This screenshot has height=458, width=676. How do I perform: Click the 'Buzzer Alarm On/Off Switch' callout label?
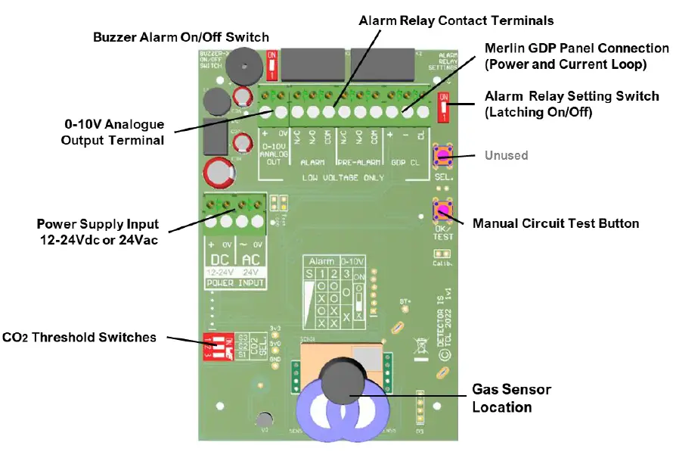pos(181,37)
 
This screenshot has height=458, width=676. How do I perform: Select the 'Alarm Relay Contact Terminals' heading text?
pos(456,20)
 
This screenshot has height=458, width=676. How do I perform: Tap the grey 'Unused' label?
pos(507,155)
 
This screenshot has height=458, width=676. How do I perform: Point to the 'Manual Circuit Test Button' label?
pos(556,223)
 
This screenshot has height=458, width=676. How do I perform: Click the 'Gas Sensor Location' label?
pos(511,398)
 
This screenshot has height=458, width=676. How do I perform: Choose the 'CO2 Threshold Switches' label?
pos(79,338)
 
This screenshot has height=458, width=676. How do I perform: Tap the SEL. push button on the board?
pos(442,156)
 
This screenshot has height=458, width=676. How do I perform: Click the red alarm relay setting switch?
pos(444,107)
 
